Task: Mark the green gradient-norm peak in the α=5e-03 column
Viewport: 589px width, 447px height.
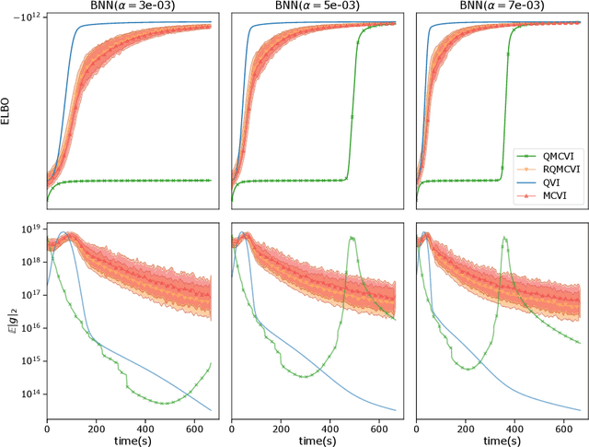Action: (x=352, y=238)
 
